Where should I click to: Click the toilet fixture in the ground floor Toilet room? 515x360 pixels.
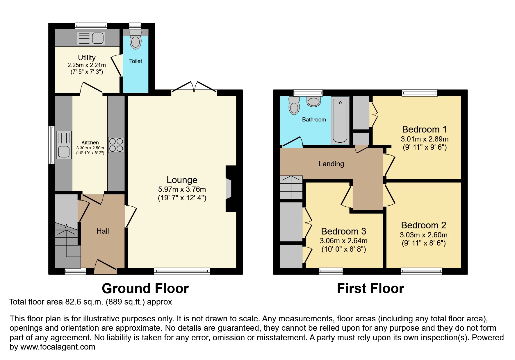click(136, 40)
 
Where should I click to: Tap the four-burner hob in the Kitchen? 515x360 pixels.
click(116, 145)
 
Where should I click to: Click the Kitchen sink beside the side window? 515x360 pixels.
click(64, 145)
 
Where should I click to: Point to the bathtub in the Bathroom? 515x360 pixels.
click(340, 120)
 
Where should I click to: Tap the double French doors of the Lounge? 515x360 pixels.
click(194, 87)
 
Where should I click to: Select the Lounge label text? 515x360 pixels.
click(182, 180)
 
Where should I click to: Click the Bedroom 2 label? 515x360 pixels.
click(423, 225)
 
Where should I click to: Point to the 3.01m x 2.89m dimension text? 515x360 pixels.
click(425, 139)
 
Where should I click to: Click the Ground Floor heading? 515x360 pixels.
click(145, 289)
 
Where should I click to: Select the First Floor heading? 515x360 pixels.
click(370, 289)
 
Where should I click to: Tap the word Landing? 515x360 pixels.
click(331, 164)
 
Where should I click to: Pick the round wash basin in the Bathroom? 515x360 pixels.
click(313, 102)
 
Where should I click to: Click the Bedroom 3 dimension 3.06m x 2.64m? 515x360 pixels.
click(343, 241)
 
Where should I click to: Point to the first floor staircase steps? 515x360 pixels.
click(291, 187)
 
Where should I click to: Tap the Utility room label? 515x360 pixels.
click(87, 58)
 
